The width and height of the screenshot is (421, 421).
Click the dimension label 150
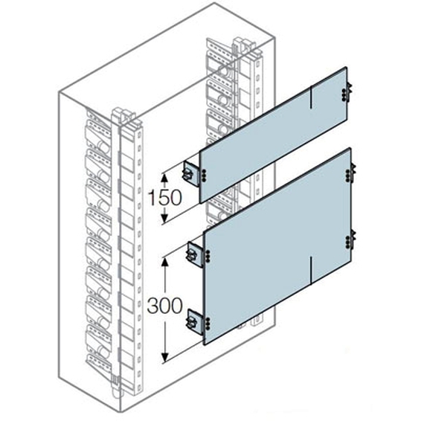tap(165, 198)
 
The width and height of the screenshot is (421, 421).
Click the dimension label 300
tap(165, 305)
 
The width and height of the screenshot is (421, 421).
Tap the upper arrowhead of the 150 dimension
tap(165, 178)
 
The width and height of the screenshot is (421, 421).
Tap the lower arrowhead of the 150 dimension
tap(165, 217)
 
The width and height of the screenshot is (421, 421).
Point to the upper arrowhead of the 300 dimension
tap(165, 262)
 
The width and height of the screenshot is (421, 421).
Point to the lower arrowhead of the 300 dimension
tap(165, 356)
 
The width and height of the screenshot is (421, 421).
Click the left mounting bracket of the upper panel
tap(191, 173)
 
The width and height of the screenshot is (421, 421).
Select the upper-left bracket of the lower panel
tap(196, 254)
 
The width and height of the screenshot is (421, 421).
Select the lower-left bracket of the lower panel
tap(196, 321)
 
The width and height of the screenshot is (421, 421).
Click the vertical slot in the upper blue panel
tap(311, 97)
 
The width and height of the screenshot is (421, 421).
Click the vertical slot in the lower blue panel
tap(311, 270)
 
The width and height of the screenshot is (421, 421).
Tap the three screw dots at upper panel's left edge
tap(205, 174)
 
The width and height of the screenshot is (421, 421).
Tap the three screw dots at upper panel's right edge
tap(344, 95)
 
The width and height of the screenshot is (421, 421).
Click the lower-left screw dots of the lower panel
tap(208, 323)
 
